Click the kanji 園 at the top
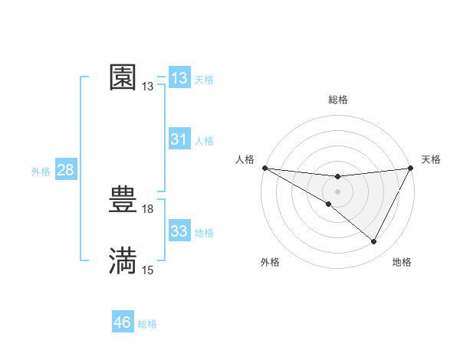[x=123, y=77]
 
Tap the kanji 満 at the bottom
[x=123, y=260]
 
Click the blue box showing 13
[x=179, y=78]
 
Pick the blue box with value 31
[x=179, y=139]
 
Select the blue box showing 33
[x=179, y=231]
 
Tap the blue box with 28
[x=65, y=170]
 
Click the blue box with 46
[x=123, y=322]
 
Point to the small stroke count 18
[x=148, y=208]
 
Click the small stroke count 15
[x=148, y=270]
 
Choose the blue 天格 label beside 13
[x=204, y=80]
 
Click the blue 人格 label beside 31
[x=204, y=141]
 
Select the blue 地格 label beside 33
[x=204, y=233]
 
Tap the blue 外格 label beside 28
[x=41, y=172]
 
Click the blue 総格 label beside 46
[x=147, y=324]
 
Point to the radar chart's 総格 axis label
[x=338, y=100]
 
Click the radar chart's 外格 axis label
[x=270, y=263]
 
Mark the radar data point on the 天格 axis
[x=412, y=168]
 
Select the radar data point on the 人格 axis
[x=264, y=168]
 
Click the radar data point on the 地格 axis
[x=374, y=242]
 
